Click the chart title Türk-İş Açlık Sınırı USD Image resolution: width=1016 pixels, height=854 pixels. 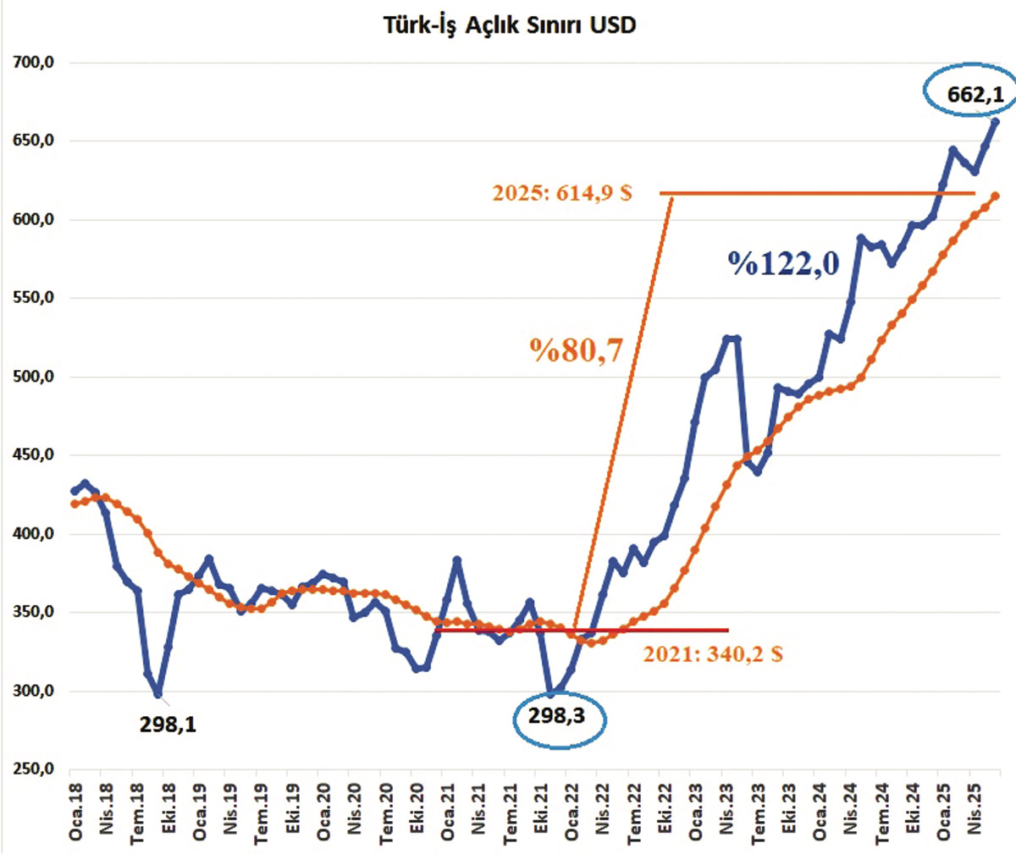pos(509,25)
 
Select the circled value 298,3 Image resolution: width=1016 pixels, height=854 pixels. pos(556,716)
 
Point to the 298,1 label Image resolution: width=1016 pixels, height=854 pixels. pos(168,725)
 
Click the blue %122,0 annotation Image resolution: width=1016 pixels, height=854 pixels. pos(784,264)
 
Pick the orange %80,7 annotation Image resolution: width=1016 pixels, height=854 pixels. pos(577,350)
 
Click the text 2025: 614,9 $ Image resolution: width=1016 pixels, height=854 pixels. pos(562,193)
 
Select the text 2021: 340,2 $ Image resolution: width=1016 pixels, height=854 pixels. pos(712,654)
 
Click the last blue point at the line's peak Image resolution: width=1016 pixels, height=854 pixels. pos(995,122)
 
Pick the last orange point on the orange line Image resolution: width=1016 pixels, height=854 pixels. pos(995,196)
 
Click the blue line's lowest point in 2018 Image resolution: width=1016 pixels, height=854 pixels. pos(157,694)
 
